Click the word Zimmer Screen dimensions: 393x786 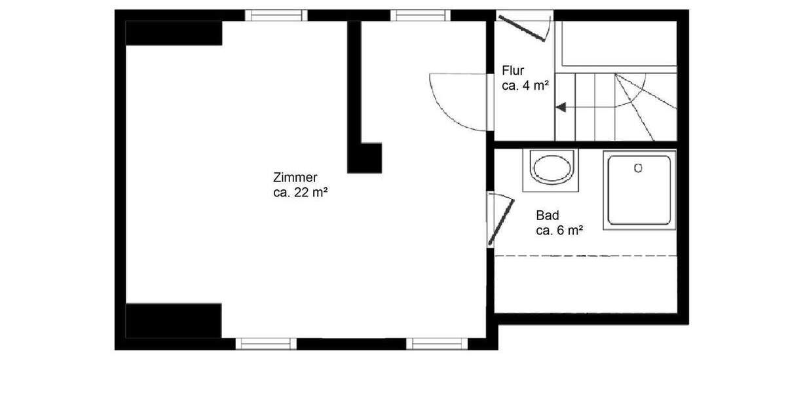coord(295,178)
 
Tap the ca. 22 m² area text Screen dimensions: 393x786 coord(301,193)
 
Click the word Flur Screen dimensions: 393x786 coord(513,71)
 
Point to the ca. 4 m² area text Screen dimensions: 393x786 coord(525,85)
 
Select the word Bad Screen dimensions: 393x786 coord(547,215)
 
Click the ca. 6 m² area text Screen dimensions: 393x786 coord(559,230)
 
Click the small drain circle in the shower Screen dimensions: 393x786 coord(639,168)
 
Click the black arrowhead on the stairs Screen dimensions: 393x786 coord(561,107)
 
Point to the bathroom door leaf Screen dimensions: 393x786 coord(501,221)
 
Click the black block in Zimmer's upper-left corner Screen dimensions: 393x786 coord(174,33)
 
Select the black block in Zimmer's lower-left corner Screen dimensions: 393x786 coord(174,320)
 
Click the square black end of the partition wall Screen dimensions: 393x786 coord(365,157)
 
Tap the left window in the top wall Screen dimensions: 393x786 coord(276,15)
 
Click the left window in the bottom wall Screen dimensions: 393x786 coord(265,343)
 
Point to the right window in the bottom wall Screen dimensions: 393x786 coord(437,343)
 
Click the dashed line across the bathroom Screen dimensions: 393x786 coord(586,255)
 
